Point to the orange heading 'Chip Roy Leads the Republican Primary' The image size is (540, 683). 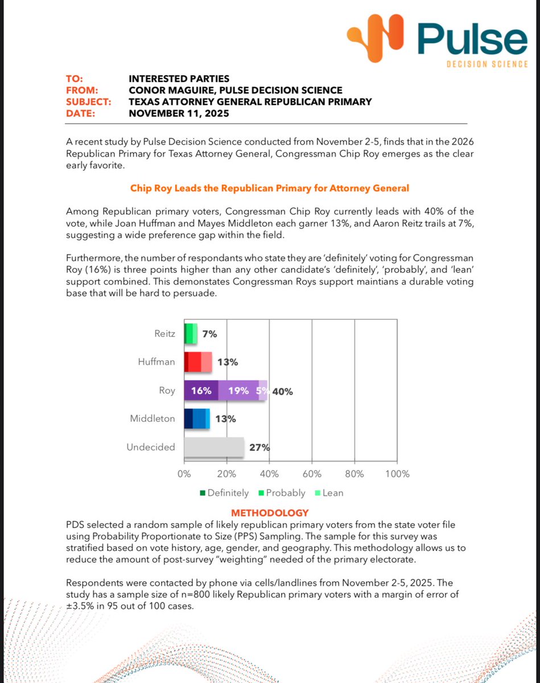pyautogui.click(x=269, y=187)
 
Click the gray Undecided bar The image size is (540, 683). pyautogui.click(x=214, y=447)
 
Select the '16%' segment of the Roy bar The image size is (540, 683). pyautogui.click(x=201, y=391)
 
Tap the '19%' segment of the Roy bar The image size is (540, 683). pyautogui.click(x=238, y=391)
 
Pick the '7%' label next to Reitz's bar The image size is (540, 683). pyautogui.click(x=209, y=334)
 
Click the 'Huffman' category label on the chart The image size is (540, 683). pyautogui.click(x=156, y=361)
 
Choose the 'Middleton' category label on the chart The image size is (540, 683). pyautogui.click(x=153, y=418)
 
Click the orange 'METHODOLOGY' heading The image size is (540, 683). pyautogui.click(x=270, y=513)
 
